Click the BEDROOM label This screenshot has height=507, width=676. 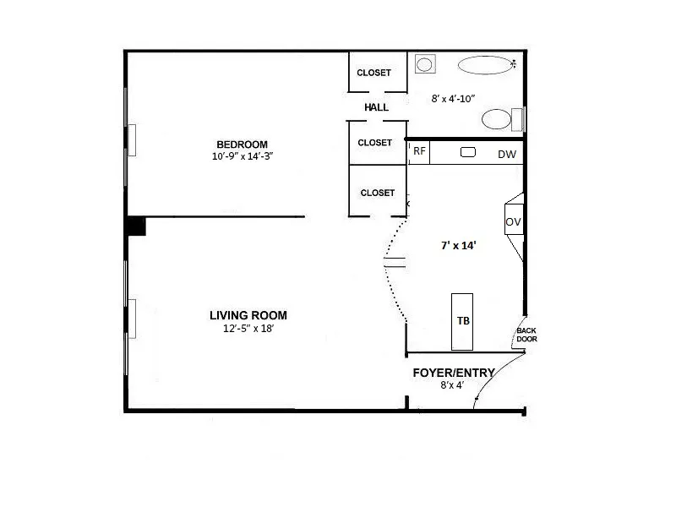(x=242, y=144)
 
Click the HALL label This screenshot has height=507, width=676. (x=376, y=107)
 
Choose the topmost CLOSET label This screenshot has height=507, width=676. (x=373, y=73)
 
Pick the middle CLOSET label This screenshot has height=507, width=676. (x=374, y=143)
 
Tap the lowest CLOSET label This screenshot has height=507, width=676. (x=377, y=193)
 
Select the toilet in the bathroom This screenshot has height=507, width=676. (x=499, y=118)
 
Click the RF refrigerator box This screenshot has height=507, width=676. (x=418, y=152)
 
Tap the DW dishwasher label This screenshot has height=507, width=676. (x=506, y=154)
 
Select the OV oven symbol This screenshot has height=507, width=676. (x=513, y=222)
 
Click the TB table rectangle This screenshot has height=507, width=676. (x=463, y=321)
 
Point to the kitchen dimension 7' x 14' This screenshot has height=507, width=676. (x=459, y=246)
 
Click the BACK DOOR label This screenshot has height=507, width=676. (x=526, y=334)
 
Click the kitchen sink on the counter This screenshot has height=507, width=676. (x=468, y=152)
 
